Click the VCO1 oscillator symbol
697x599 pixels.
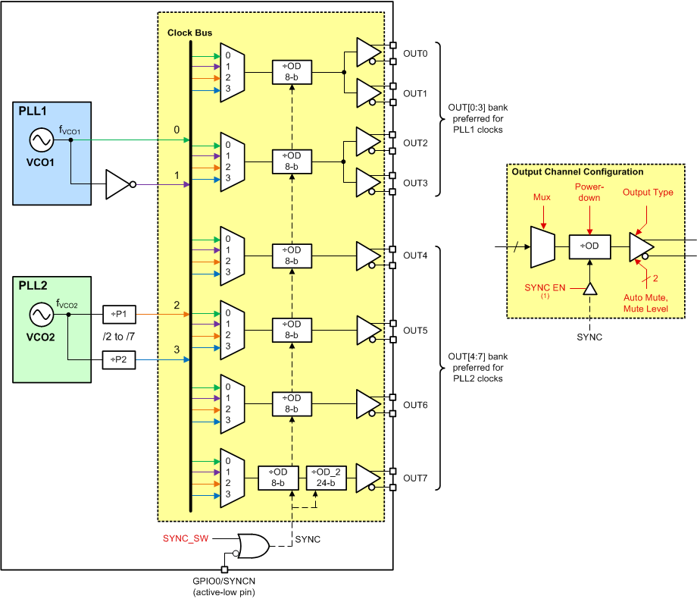click(39, 140)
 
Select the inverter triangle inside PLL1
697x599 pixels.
click(119, 184)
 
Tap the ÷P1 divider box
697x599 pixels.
click(119, 312)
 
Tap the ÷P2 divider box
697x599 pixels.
click(119, 360)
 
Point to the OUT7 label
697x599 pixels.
click(415, 478)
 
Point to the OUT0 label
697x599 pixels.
click(415, 54)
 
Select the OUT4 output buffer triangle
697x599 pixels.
click(368, 256)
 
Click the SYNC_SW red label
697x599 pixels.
click(184, 538)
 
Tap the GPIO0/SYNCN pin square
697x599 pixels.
click(224, 569)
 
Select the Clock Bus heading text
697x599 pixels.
click(189, 33)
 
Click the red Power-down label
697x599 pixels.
click(588, 193)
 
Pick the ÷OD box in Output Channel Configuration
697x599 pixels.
click(589, 247)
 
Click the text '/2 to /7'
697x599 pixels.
click(119, 336)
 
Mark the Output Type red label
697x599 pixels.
click(647, 193)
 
